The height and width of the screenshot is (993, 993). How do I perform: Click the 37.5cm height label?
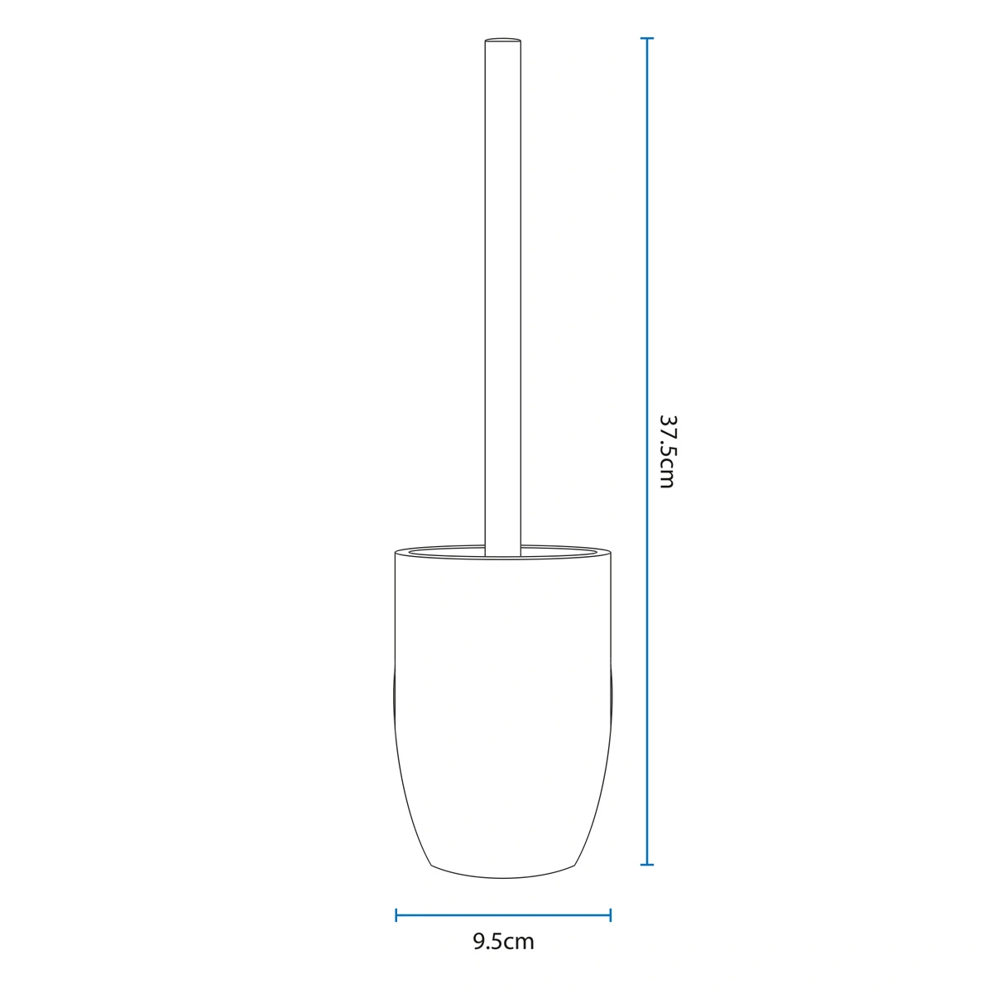click(667, 452)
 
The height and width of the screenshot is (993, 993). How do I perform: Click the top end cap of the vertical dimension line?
click(647, 39)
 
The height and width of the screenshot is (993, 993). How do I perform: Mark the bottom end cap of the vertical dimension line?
click(647, 864)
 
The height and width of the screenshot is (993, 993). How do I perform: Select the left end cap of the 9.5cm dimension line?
click(396, 915)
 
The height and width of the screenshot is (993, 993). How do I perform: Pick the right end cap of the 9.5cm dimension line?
click(611, 915)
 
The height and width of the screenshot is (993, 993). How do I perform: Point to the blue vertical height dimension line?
click(647, 452)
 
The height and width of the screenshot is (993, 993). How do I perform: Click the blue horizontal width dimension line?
click(503, 915)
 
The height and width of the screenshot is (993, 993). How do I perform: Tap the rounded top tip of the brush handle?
click(503, 39)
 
